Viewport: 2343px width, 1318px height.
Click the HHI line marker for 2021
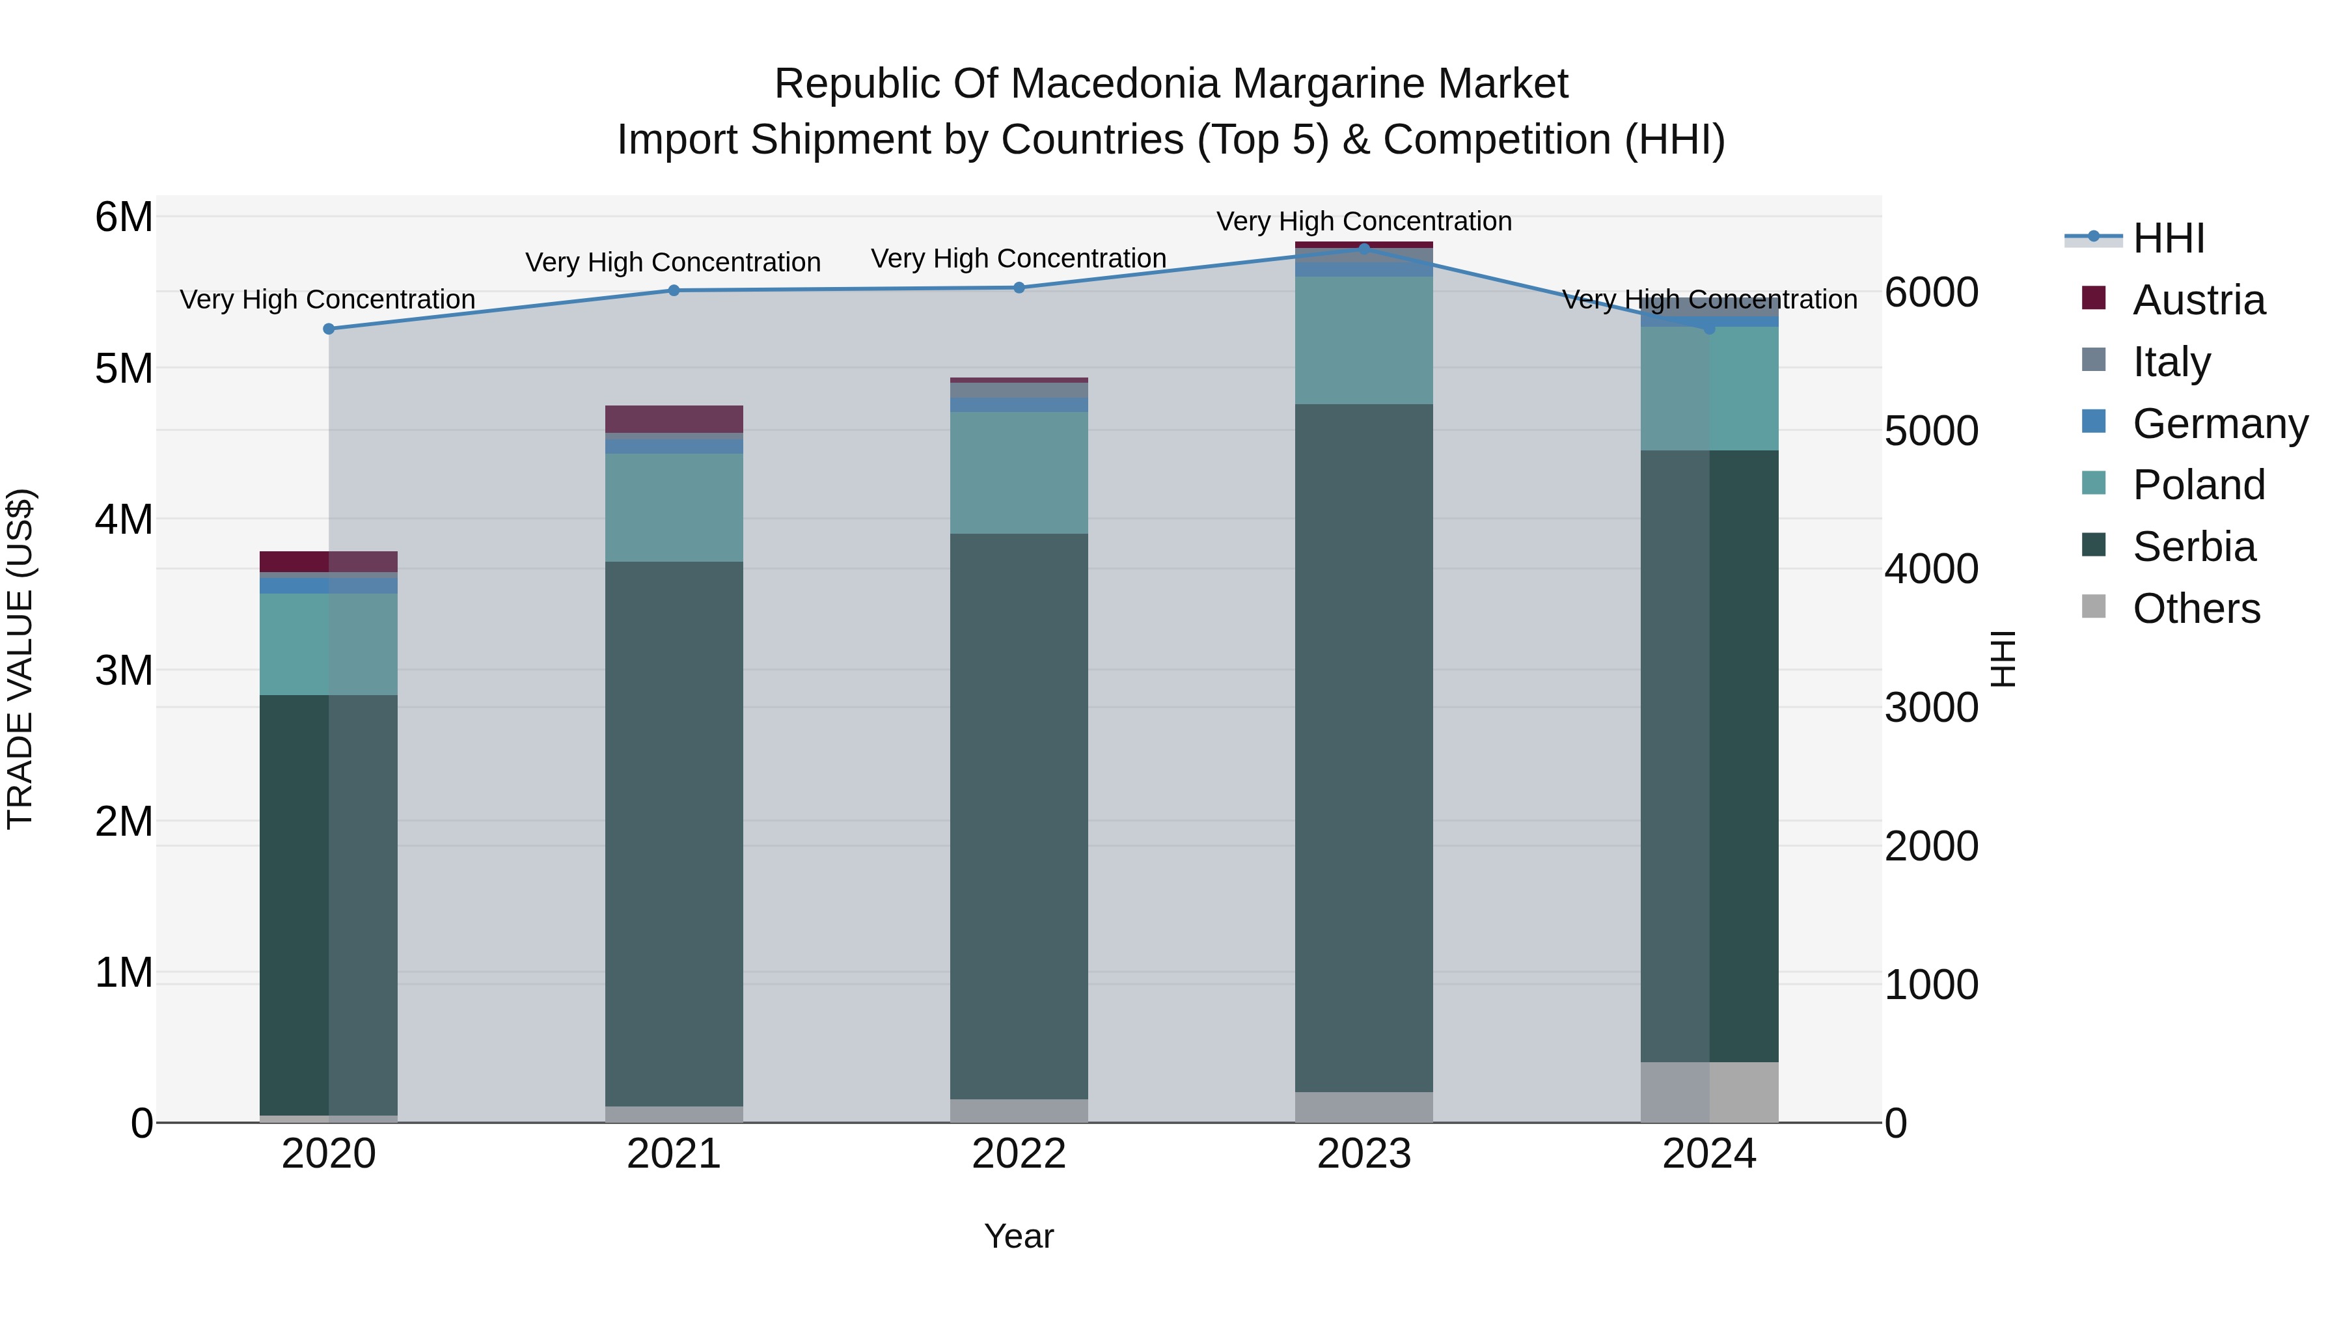coord(674,290)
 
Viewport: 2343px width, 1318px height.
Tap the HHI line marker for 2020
coord(329,329)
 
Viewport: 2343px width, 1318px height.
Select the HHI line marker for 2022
coord(1019,288)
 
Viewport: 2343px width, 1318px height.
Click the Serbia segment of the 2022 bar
coord(1019,816)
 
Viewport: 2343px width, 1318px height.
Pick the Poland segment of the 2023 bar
coord(1363,340)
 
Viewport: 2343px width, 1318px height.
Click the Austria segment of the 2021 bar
coord(674,419)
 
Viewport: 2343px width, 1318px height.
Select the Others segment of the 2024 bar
coord(1709,1091)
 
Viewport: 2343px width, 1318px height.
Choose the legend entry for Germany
coord(2219,424)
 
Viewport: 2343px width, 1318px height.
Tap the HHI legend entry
coord(2169,238)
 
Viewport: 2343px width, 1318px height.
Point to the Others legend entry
coord(2196,609)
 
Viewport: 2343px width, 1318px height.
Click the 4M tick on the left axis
coord(124,519)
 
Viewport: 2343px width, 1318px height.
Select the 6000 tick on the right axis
coord(1931,293)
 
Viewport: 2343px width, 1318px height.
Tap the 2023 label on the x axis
coord(1363,1154)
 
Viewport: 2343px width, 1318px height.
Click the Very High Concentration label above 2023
coord(1363,221)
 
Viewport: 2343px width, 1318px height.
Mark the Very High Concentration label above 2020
coord(327,299)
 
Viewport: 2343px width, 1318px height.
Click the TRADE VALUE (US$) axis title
coord(20,659)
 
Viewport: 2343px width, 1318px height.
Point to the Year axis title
coord(1019,1236)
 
